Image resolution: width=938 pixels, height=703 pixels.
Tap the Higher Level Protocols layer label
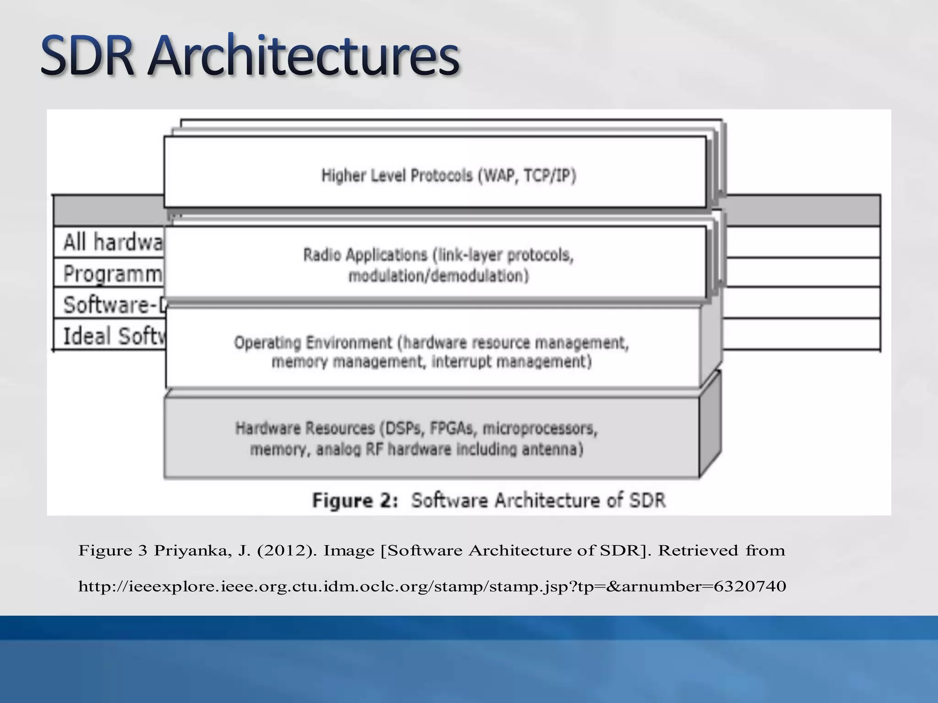[x=397, y=176]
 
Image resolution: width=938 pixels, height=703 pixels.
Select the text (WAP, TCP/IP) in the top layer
[x=527, y=176]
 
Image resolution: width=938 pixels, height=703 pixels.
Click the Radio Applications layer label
[x=365, y=255]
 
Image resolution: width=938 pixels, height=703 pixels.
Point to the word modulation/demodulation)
[x=438, y=276]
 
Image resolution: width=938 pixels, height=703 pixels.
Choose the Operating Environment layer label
[x=313, y=342]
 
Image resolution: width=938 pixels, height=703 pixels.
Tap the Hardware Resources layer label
[x=305, y=428]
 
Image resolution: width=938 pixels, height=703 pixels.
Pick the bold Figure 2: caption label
[x=355, y=500]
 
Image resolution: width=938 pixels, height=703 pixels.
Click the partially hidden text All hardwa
[x=113, y=242]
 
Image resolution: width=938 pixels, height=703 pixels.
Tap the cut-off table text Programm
[x=113, y=274]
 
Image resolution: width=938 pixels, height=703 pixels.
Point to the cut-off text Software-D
[x=115, y=305]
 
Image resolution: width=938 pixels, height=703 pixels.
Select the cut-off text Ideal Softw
[x=114, y=336]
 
